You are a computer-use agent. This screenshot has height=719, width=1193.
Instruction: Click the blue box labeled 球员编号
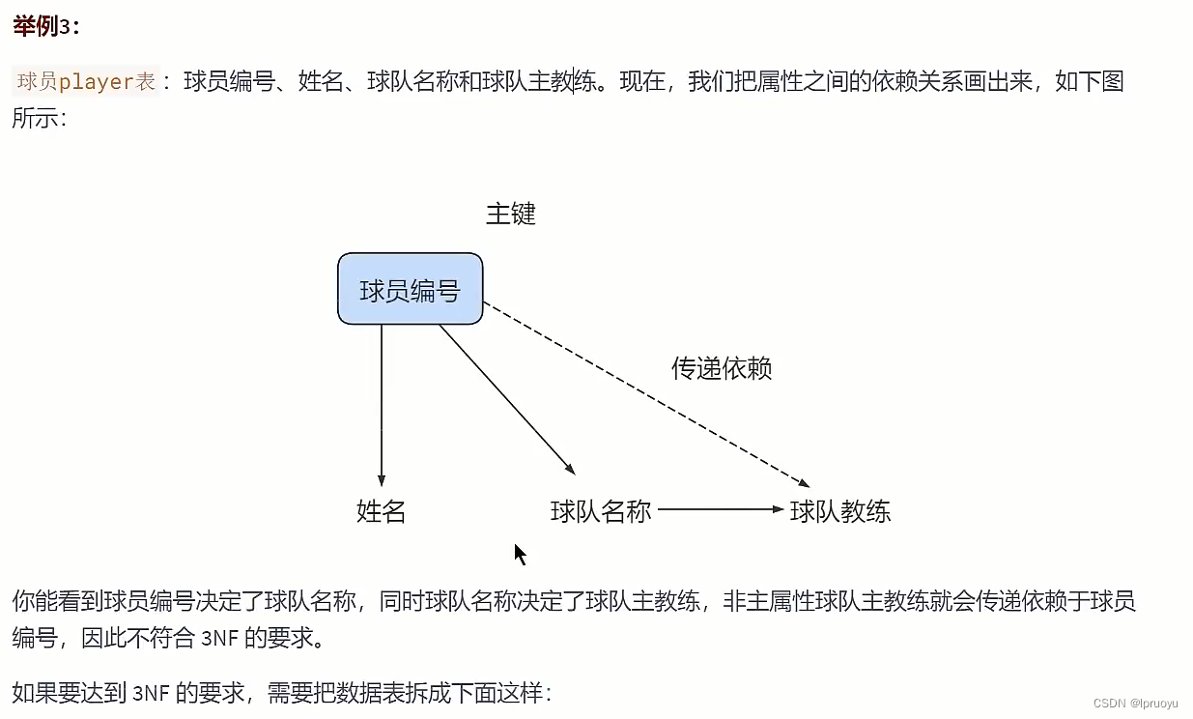(x=410, y=289)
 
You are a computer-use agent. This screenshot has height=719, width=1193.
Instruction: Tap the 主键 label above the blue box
(x=510, y=214)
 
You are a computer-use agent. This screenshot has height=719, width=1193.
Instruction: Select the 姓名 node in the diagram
(x=381, y=511)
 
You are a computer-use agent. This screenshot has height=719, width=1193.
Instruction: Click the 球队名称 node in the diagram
(x=601, y=511)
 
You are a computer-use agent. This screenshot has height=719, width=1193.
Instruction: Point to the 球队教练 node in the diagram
(x=840, y=511)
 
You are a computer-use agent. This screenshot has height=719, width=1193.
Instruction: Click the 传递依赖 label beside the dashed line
(x=721, y=368)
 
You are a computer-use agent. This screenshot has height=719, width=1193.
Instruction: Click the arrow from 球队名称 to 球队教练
(x=720, y=509)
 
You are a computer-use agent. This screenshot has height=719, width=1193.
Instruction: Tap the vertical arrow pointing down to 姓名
(x=382, y=406)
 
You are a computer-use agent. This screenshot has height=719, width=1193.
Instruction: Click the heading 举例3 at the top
(x=46, y=26)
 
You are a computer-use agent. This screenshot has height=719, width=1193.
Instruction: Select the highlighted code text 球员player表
(x=87, y=82)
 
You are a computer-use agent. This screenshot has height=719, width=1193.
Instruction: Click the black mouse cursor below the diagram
(x=520, y=554)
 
